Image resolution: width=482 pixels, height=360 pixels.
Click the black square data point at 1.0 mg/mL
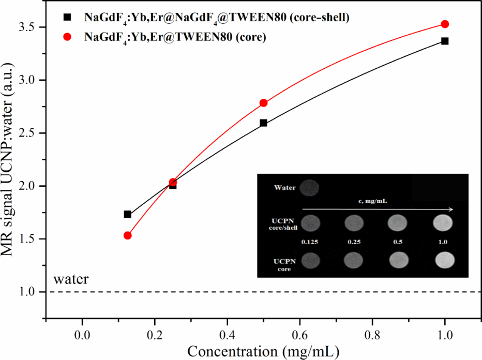click(445, 41)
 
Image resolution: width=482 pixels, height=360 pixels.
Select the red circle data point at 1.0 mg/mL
click(445, 24)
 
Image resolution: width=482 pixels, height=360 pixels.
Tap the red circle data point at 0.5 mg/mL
click(263, 103)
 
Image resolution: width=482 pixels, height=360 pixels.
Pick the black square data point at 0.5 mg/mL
click(263, 123)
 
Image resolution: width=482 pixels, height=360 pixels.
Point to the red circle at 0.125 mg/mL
click(128, 235)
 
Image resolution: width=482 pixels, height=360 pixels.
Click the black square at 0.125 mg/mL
click(128, 214)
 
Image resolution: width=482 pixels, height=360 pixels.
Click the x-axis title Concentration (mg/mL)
click(263, 351)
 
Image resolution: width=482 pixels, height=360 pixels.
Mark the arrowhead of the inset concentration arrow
click(452, 209)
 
